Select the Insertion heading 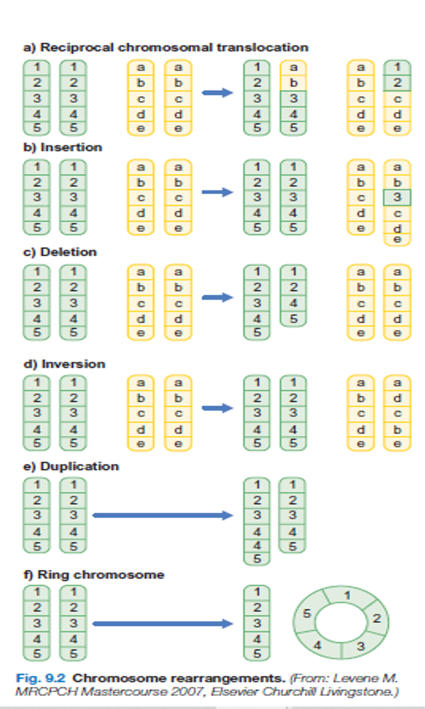pyautogui.click(x=71, y=148)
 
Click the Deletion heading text pyautogui.click(x=68, y=252)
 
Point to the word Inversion pyautogui.click(x=73, y=364)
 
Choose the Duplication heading pyautogui.click(x=79, y=466)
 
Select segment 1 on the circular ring pyautogui.click(x=347, y=596)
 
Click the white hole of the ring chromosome pyautogui.click(x=341, y=622)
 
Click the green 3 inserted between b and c pyautogui.click(x=397, y=197)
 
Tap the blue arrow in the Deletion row pyautogui.click(x=217, y=297)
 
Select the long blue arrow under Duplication pyautogui.click(x=162, y=516)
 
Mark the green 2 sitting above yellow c pyautogui.click(x=397, y=83)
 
